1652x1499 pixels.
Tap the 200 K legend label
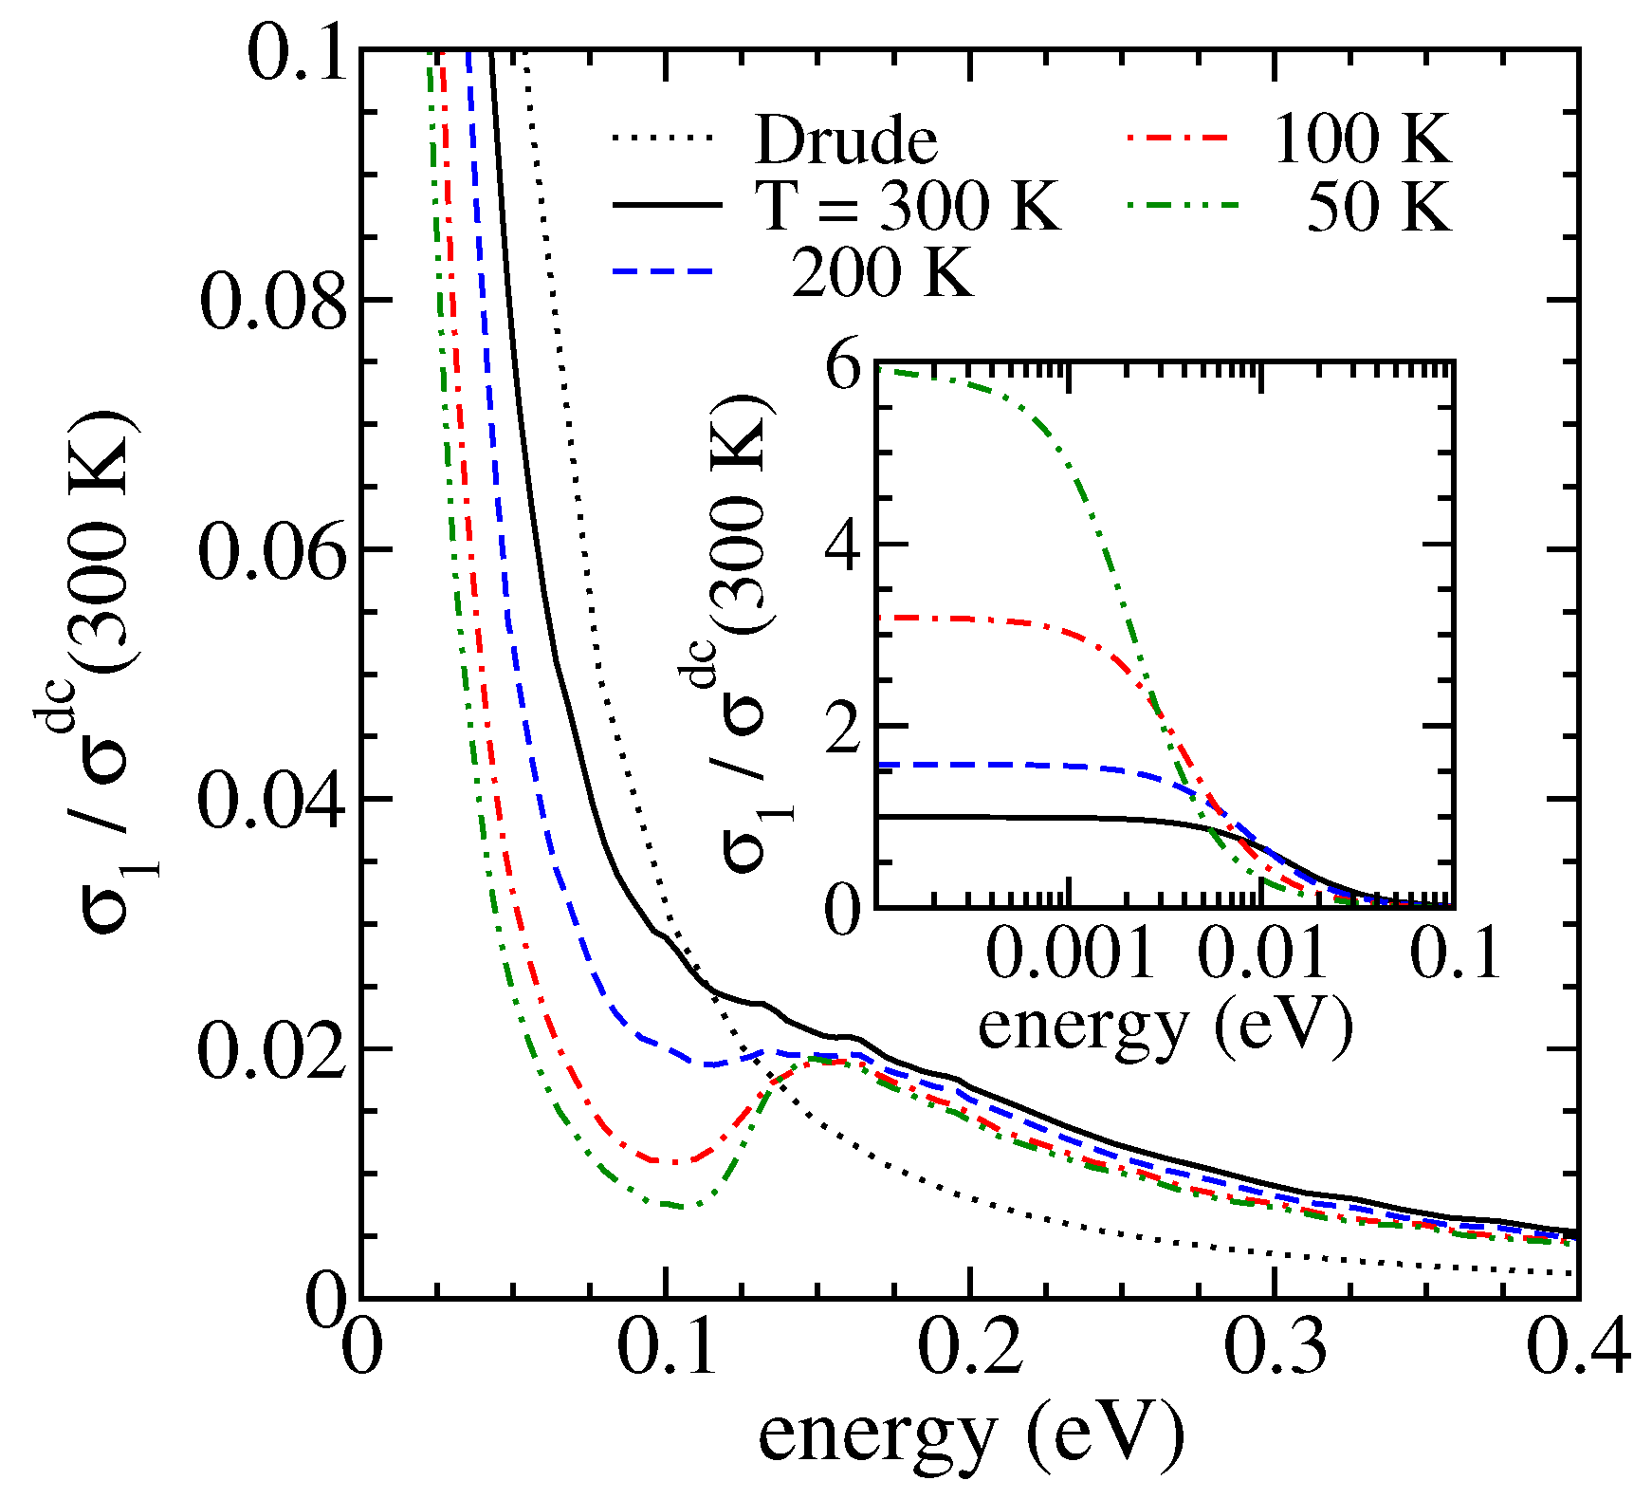pos(882,272)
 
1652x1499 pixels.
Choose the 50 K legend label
pos(1379,206)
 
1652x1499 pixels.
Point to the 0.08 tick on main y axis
pos(273,302)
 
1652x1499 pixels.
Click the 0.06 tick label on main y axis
pos(273,551)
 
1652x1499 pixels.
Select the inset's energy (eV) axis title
pos(1165,1025)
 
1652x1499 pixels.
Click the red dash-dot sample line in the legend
pos(1178,139)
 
